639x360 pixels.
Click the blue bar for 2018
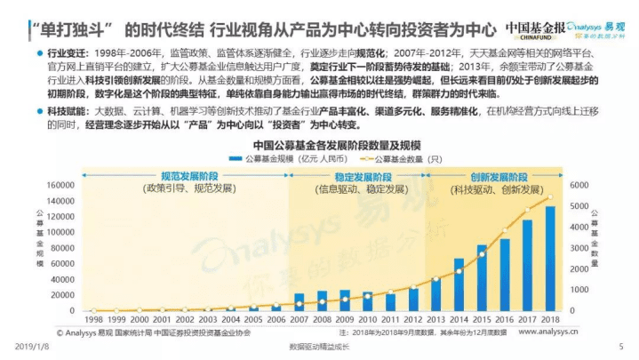[550, 259]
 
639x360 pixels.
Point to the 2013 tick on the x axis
[435, 318]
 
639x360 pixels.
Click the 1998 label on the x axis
[93, 318]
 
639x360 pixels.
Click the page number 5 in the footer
[619, 346]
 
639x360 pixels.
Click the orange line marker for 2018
[550, 197]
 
